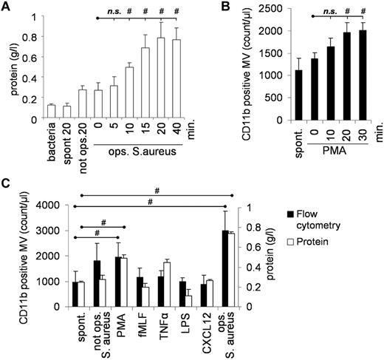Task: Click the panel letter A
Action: click(6, 6)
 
